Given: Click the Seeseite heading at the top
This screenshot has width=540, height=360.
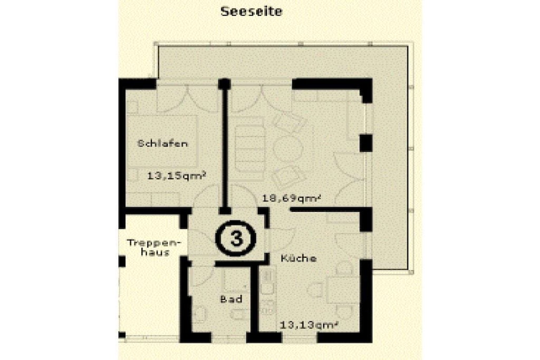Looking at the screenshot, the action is click(251, 11).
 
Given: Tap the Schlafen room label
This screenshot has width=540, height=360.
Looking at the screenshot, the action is click(162, 143).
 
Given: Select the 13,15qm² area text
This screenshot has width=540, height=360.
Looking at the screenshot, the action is click(177, 176).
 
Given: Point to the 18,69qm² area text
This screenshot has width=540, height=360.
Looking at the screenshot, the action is click(292, 198).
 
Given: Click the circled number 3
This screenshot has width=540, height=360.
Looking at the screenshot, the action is click(236, 238).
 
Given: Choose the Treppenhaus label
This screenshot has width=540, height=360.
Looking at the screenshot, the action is click(153, 247).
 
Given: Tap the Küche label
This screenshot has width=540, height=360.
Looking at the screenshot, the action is click(298, 258).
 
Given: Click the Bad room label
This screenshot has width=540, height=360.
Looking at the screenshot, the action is click(231, 299).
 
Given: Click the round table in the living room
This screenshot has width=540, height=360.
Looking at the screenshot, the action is click(287, 148).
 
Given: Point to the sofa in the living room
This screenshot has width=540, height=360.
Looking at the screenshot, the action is click(249, 149).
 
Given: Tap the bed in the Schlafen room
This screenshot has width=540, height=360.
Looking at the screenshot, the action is click(162, 142).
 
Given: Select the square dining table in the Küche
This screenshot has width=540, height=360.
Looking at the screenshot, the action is click(338, 290).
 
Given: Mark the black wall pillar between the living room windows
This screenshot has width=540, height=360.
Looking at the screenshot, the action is click(366, 143).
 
